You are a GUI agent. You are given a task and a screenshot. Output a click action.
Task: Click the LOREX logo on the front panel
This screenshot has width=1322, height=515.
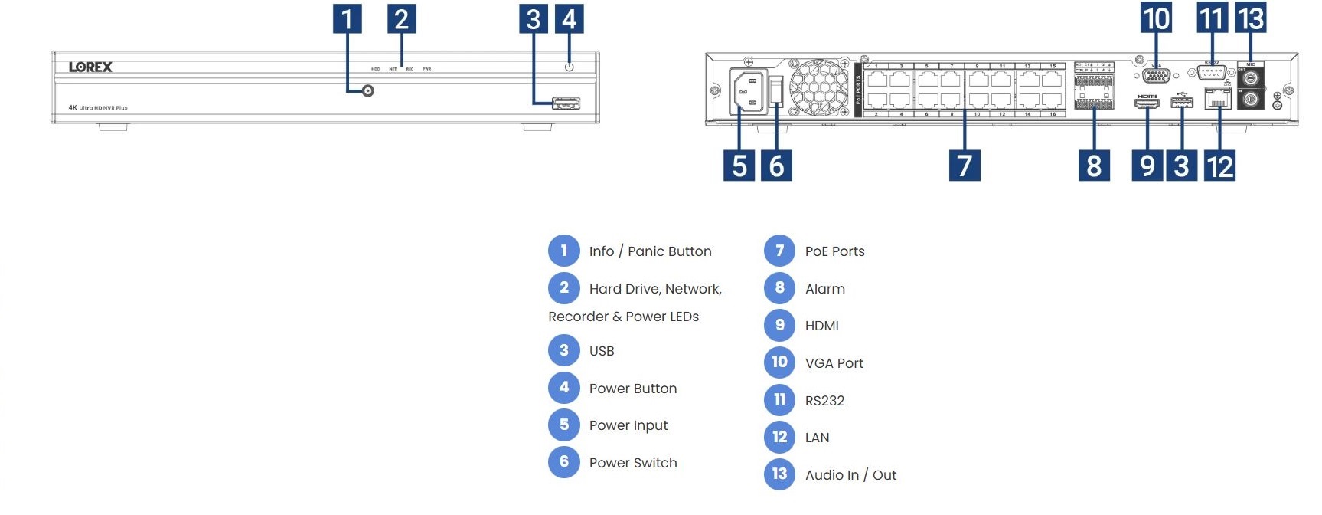tap(90, 67)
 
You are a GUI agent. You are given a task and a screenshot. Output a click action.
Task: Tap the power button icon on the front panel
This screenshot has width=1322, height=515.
tap(569, 67)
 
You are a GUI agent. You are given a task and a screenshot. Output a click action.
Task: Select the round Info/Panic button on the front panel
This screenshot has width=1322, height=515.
tap(368, 91)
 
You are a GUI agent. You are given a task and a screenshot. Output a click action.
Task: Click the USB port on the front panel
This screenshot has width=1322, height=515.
tap(566, 103)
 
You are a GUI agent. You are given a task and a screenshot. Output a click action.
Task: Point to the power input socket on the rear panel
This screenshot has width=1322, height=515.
tap(748, 92)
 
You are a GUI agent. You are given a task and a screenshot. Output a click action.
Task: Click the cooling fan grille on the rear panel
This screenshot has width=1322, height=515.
tap(819, 87)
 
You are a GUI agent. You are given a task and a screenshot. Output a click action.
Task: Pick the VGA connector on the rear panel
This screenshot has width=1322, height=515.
tap(1155, 75)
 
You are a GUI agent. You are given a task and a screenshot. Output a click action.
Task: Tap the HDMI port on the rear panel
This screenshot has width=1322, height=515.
tap(1147, 102)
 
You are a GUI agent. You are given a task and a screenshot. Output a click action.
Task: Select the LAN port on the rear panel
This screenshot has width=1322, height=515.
tap(1217, 99)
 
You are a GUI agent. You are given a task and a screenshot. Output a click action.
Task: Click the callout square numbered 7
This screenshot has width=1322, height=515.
tap(965, 166)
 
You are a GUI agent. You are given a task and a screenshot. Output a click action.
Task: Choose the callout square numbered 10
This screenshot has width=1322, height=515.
tap(1156, 18)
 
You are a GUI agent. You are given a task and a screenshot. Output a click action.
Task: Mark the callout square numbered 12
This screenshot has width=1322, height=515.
tap(1219, 166)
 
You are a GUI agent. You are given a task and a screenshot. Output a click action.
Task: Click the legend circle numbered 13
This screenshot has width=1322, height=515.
tap(779, 474)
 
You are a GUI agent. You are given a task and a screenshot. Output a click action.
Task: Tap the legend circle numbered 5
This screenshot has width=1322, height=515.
tap(564, 425)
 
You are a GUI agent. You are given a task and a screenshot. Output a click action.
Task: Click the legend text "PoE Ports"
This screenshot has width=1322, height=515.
tap(834, 251)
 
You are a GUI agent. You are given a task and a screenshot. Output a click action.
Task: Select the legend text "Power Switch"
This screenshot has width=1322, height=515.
tap(633, 463)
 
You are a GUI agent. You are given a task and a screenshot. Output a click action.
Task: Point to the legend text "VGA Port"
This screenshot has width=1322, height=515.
tap(834, 363)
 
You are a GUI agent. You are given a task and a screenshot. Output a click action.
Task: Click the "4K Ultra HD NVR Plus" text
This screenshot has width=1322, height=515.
tap(98, 108)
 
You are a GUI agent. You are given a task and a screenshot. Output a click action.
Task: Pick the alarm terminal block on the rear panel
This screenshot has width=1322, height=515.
tap(1094, 91)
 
